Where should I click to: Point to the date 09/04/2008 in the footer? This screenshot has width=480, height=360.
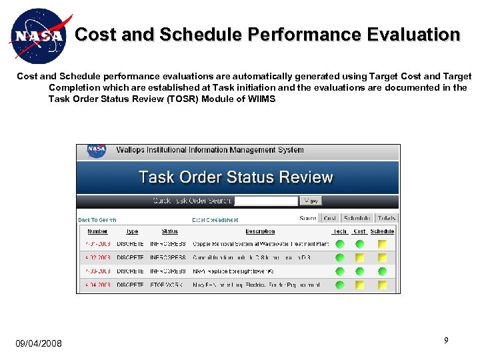[39, 343]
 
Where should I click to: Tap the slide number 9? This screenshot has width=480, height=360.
[446, 341]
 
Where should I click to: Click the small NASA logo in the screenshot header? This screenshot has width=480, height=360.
[97, 151]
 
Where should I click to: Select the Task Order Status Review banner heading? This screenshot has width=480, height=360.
[235, 177]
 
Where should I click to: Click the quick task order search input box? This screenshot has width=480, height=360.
[266, 201]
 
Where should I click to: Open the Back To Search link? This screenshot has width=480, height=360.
[97, 219]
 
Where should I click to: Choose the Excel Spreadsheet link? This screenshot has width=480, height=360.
[215, 219]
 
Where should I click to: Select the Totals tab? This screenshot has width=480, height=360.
[386, 218]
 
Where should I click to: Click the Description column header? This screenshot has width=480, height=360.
[260, 231]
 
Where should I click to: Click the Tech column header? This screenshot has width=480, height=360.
[340, 231]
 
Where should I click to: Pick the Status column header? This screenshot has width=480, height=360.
[170, 231]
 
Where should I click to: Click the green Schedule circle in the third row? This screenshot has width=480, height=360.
[382, 271]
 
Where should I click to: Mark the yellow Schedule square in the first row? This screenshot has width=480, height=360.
[382, 245]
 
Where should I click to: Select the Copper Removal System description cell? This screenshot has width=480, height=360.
[260, 245]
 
